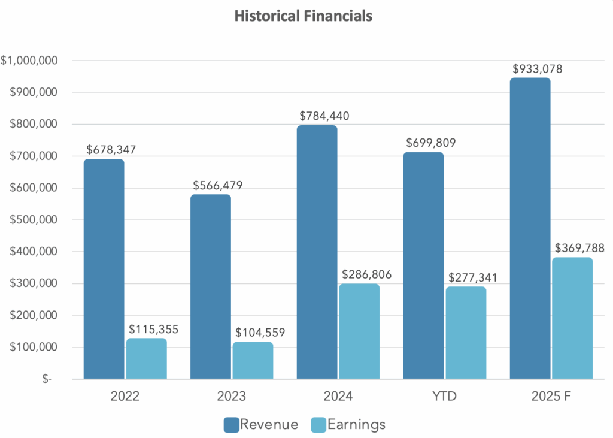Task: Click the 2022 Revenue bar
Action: [x=104, y=270]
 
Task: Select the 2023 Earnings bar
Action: [x=253, y=361]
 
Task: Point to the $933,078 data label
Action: [x=537, y=68]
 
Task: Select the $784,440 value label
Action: [x=324, y=116]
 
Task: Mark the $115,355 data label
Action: [x=154, y=329]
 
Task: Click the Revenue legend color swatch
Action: [x=231, y=425]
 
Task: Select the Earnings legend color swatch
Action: [x=319, y=425]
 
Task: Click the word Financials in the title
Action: [x=340, y=16]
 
